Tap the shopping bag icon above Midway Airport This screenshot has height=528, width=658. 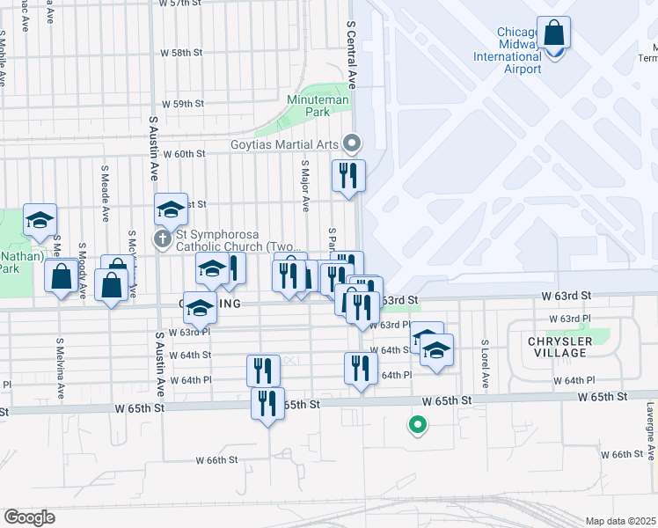point(554,34)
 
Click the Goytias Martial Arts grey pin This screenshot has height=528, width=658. point(353,142)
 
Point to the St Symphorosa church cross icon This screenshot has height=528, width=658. point(162,238)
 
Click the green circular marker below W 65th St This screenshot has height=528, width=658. point(418,427)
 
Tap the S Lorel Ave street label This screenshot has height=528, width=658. point(485,364)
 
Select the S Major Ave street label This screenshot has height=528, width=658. point(305,186)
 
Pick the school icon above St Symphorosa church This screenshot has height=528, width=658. point(172,209)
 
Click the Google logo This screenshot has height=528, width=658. point(29,517)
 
